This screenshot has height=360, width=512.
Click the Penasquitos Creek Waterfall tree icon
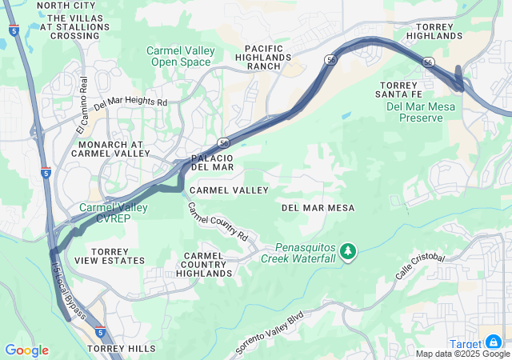[x=348, y=252]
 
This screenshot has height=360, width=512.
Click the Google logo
[x=26, y=350]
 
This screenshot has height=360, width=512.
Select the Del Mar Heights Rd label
[x=130, y=103]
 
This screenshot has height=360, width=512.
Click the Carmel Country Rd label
[x=218, y=222]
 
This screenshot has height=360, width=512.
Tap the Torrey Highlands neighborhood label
[x=434, y=30]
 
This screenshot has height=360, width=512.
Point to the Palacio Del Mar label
[x=212, y=162]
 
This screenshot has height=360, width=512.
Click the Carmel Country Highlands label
[x=204, y=264]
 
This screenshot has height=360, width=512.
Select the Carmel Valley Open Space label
[x=181, y=56]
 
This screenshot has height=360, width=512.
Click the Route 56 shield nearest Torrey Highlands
[x=429, y=62]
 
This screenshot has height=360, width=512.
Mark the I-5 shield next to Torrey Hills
[x=99, y=331]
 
